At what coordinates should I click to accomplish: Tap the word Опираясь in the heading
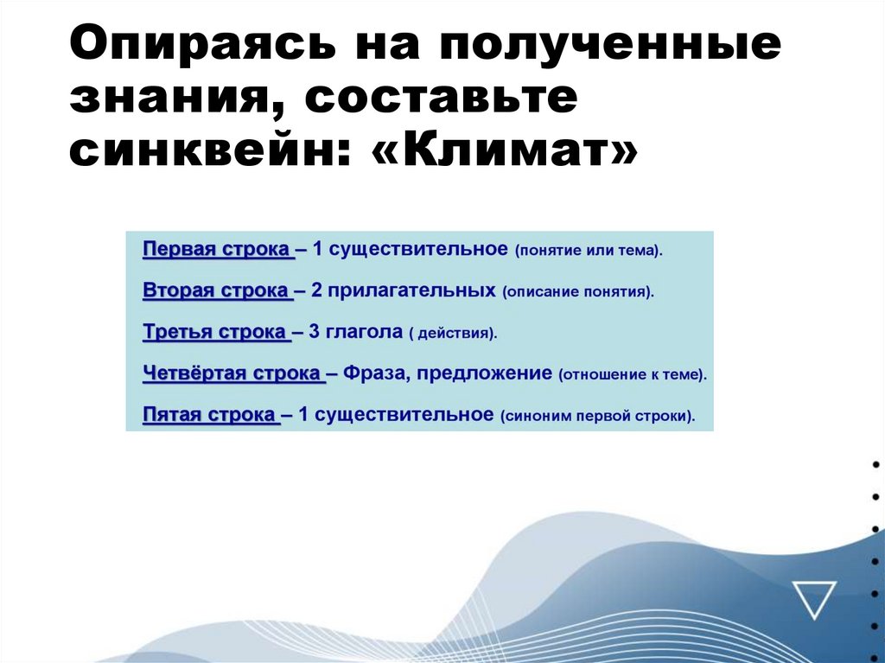click(184, 45)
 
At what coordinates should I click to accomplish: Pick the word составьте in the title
click(437, 99)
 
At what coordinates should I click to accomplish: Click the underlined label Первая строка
click(216, 250)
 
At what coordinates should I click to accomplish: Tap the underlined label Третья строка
click(213, 332)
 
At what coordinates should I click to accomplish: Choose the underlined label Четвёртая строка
click(232, 374)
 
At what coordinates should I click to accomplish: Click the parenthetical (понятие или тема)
click(589, 251)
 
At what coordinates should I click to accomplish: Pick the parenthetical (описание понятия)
click(577, 292)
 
